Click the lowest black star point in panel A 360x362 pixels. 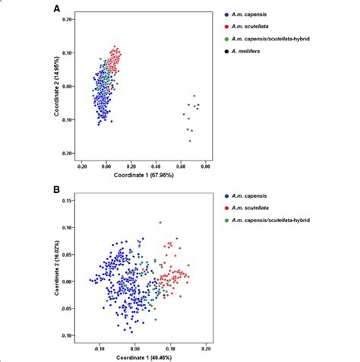pos(190,141)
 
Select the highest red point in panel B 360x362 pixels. pos(160,223)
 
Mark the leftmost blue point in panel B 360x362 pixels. pos(90,280)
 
